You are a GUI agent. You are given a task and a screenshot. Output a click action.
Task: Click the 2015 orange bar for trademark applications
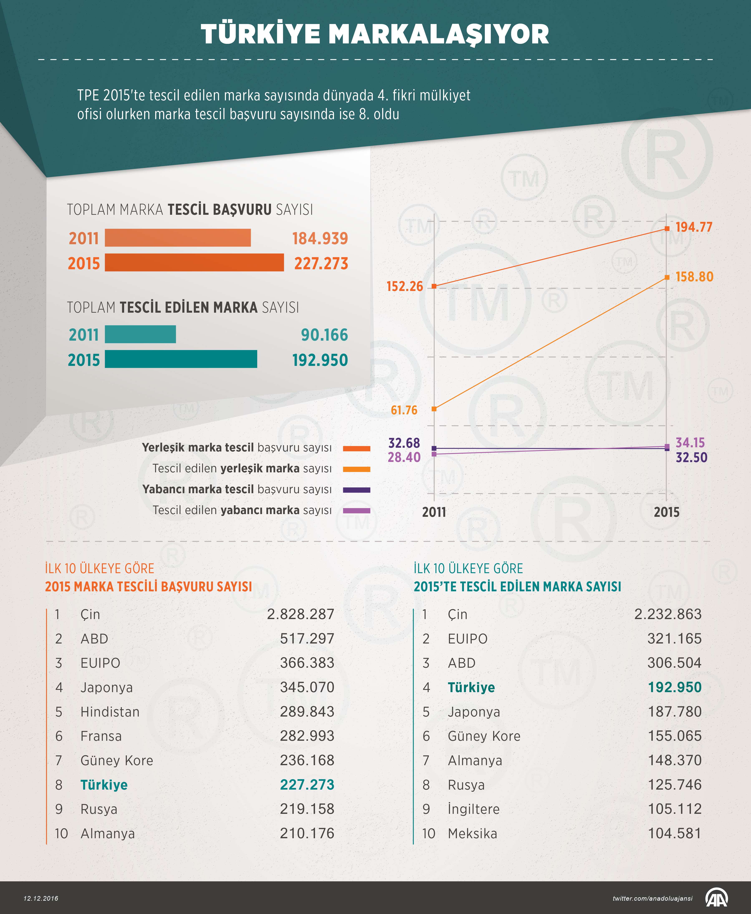click(x=194, y=263)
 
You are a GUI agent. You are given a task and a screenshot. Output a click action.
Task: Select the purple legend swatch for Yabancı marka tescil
click(x=357, y=490)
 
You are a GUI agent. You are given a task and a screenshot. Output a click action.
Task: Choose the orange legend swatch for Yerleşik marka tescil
click(x=357, y=449)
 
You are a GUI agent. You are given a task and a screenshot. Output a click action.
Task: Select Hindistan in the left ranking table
click(x=110, y=712)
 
